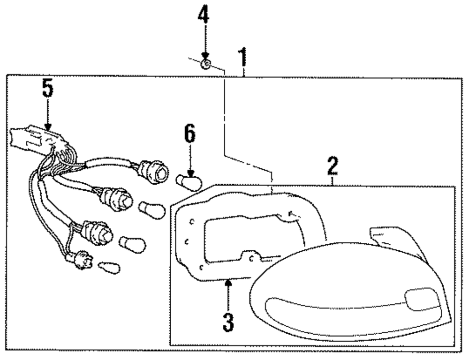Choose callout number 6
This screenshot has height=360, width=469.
pyautogui.click(x=189, y=135)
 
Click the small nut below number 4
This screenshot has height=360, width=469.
pyautogui.click(x=205, y=64)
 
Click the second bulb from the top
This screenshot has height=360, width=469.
pyautogui.click(x=153, y=210)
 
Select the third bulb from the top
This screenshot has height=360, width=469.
pyautogui.click(x=133, y=243)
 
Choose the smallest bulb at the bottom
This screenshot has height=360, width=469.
pyautogui.click(x=109, y=269)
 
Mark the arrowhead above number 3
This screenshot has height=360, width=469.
pyautogui.click(x=228, y=283)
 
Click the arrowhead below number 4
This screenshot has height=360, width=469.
pyautogui.click(x=204, y=56)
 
